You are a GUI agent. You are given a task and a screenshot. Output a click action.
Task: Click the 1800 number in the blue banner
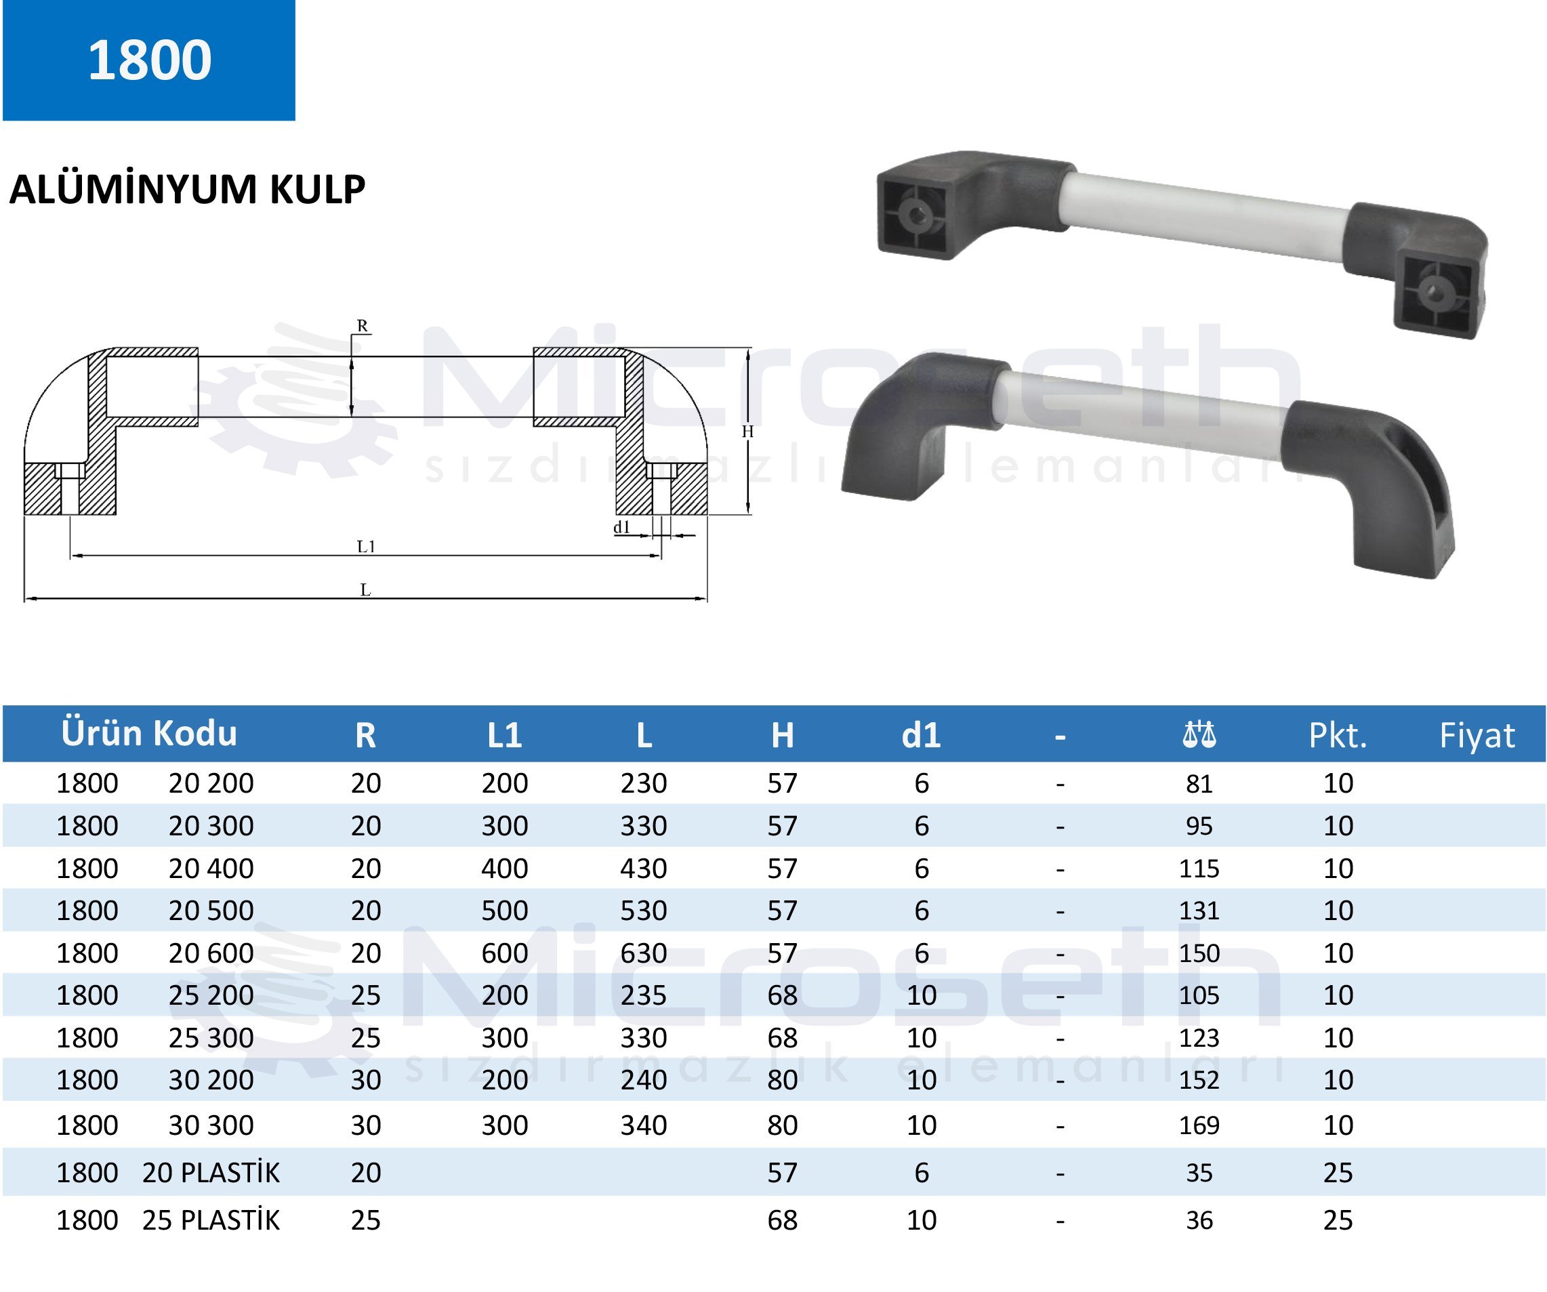tap(150, 60)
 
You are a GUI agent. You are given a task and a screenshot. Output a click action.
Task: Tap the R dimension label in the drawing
tap(362, 326)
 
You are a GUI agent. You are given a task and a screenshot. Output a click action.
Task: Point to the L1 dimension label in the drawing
tap(366, 546)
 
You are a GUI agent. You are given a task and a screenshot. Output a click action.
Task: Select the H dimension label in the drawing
tap(747, 432)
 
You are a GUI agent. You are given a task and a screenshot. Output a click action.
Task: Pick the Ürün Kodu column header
tap(149, 733)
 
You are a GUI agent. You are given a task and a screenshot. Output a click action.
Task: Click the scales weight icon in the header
tap(1199, 734)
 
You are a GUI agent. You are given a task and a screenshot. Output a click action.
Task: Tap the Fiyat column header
tap(1477, 735)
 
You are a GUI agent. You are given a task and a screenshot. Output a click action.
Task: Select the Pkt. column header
tap(1338, 735)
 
